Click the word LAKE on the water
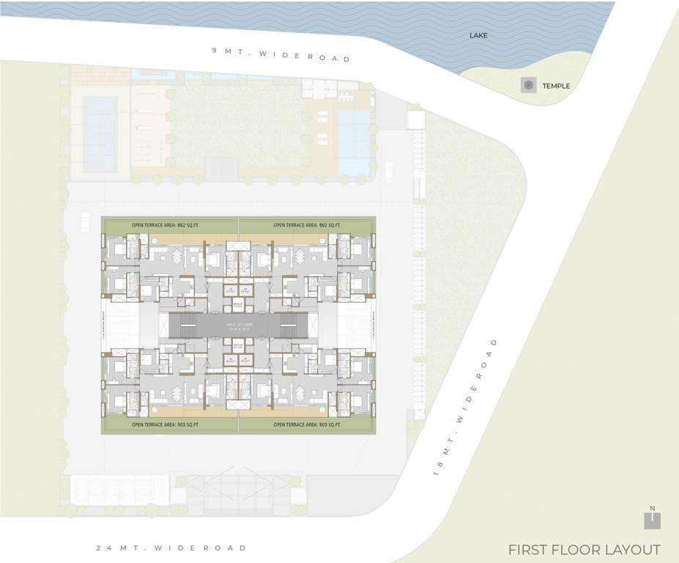click(x=480, y=35)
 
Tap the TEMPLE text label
click(x=556, y=86)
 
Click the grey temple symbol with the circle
click(x=528, y=85)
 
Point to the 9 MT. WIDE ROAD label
click(x=281, y=54)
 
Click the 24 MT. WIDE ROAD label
click(x=171, y=548)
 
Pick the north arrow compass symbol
click(x=651, y=518)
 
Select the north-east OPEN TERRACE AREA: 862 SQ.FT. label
click(x=306, y=224)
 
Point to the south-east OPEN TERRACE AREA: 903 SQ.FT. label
click(x=306, y=424)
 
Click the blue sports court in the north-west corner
click(x=100, y=133)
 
